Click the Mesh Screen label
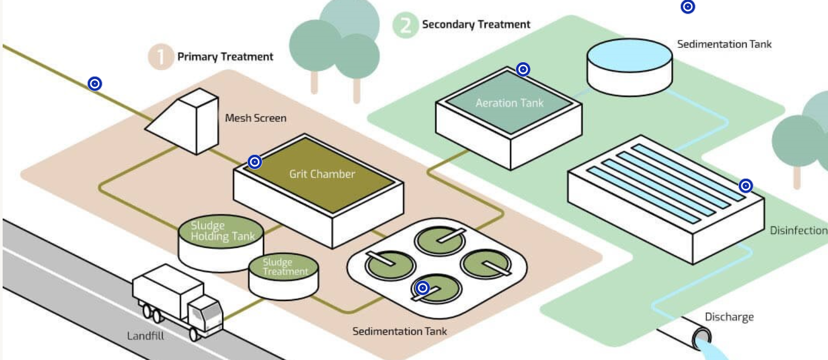click(255, 118)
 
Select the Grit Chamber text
click(322, 174)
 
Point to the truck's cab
click(205, 314)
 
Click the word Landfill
click(146, 336)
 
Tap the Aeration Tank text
click(509, 103)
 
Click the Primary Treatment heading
click(225, 56)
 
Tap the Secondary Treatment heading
click(476, 24)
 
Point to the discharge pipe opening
click(702, 337)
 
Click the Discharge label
click(729, 317)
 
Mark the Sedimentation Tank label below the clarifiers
click(400, 331)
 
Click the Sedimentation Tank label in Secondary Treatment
click(724, 44)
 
